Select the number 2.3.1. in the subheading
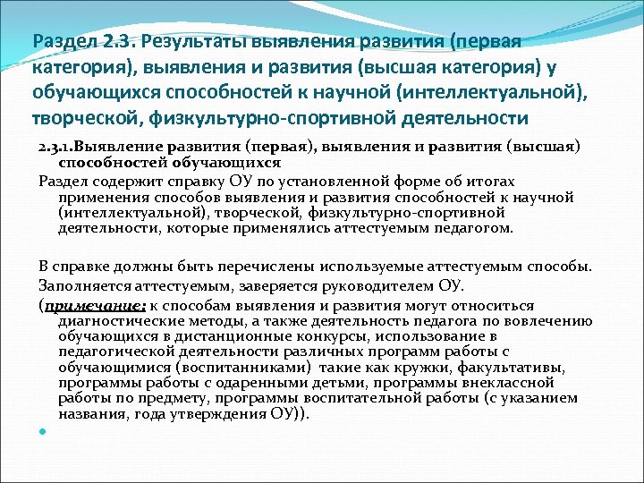56,148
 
